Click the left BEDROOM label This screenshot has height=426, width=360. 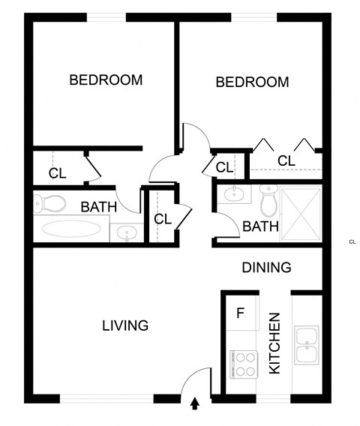point(106,80)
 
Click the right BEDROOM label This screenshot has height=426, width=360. point(252,82)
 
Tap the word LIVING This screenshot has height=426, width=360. point(125,325)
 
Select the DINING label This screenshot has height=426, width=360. point(266,267)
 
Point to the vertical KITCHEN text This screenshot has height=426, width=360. point(274,343)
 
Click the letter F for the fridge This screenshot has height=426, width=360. point(240,313)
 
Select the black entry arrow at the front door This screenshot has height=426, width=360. point(195,404)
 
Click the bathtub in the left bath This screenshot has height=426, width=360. point(70,229)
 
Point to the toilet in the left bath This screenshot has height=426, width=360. point(50,202)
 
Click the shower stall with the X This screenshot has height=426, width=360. point(301,212)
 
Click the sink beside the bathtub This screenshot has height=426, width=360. point(127,233)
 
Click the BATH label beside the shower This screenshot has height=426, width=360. point(260,226)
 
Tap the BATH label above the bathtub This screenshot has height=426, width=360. point(99,206)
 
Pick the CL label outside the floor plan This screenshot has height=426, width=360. point(352,241)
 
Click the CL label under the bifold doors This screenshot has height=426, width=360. point(285,160)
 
